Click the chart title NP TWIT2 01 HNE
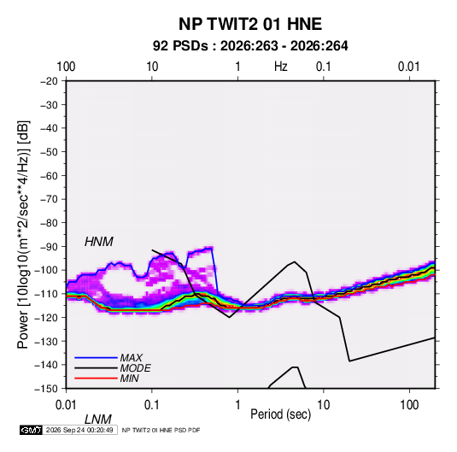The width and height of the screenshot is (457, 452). [250, 24]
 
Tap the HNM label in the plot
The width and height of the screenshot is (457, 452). [99, 242]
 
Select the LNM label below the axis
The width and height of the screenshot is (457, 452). [98, 420]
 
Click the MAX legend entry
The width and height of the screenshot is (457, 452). [132, 357]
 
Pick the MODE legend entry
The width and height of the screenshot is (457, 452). [136, 368]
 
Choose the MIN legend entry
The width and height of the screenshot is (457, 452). [129, 379]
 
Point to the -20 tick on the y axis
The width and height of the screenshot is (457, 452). [49, 81]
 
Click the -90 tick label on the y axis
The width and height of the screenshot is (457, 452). [49, 247]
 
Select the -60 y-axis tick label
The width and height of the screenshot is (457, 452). [49, 175]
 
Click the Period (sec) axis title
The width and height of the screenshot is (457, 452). [281, 414]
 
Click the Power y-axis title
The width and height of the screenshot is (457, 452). [23, 234]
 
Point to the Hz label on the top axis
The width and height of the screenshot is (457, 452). [281, 67]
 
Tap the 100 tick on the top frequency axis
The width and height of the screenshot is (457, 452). [66, 67]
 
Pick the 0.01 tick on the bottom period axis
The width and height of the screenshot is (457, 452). [66, 405]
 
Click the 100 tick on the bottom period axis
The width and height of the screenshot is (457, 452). [409, 405]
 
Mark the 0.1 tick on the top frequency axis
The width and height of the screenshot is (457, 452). [324, 67]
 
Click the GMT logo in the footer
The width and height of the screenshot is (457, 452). [31, 430]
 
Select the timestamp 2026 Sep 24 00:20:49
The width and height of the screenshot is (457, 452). [79, 430]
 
